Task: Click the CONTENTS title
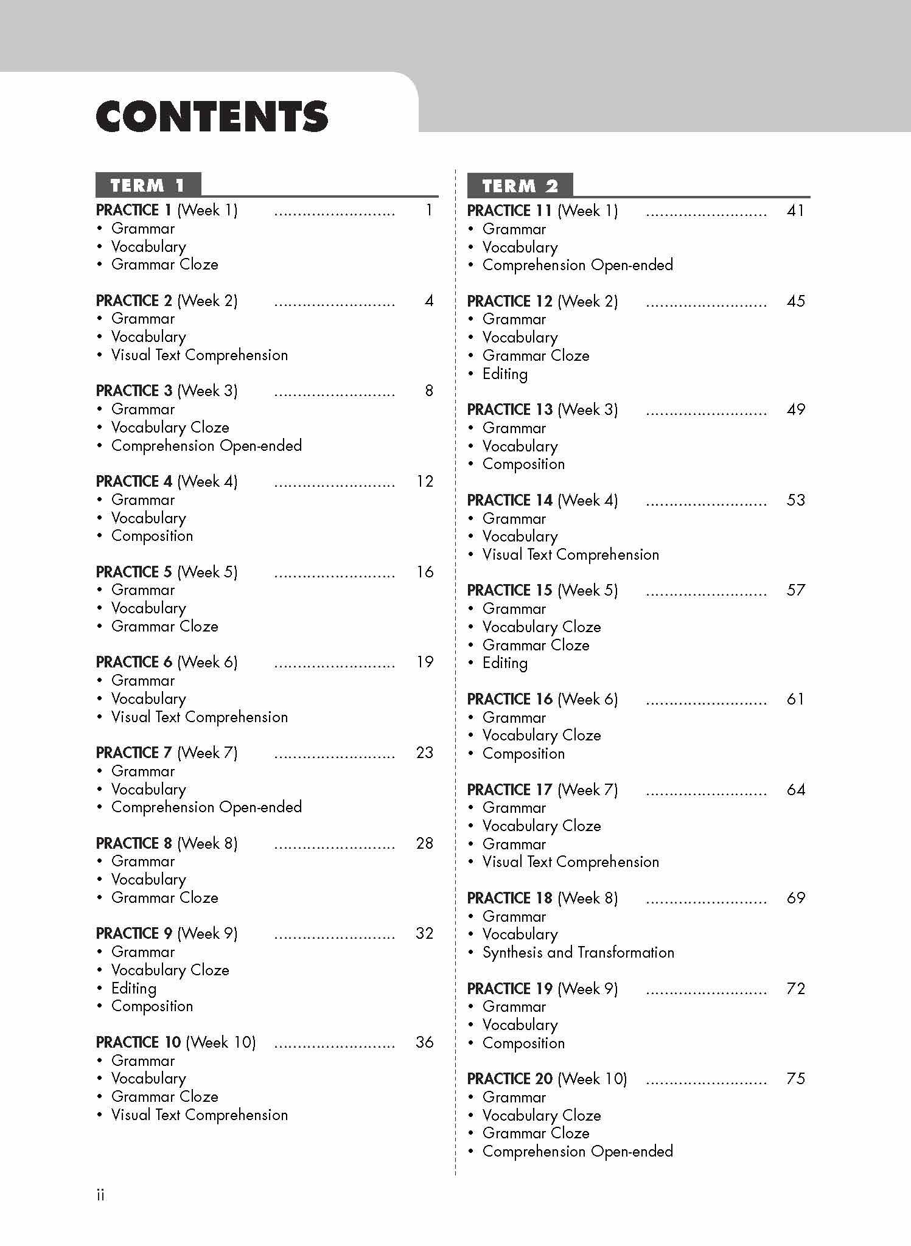pyautogui.click(x=212, y=117)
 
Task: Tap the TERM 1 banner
pyautogui.click(x=148, y=185)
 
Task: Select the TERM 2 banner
pyautogui.click(x=520, y=186)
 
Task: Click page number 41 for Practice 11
pyautogui.click(x=795, y=211)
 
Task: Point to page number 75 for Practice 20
pyautogui.click(x=795, y=1079)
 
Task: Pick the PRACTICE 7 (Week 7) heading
pyautogui.click(x=167, y=753)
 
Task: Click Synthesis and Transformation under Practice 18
pyautogui.click(x=578, y=952)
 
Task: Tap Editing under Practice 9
pyautogui.click(x=134, y=988)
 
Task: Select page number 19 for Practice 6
pyautogui.click(x=425, y=662)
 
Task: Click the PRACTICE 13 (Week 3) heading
pyautogui.click(x=542, y=409)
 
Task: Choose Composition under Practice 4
pyautogui.click(x=152, y=536)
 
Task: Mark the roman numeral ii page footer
pyautogui.click(x=100, y=1195)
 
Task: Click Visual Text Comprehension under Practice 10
pyautogui.click(x=199, y=1115)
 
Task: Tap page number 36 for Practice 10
pyautogui.click(x=425, y=1042)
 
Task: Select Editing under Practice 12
pyautogui.click(x=504, y=374)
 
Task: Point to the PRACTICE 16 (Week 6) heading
pyautogui.click(x=542, y=699)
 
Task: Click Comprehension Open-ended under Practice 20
pyautogui.click(x=577, y=1151)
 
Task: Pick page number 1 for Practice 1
pyautogui.click(x=429, y=211)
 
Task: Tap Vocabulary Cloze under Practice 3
pyautogui.click(x=170, y=427)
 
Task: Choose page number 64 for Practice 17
pyautogui.click(x=795, y=790)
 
